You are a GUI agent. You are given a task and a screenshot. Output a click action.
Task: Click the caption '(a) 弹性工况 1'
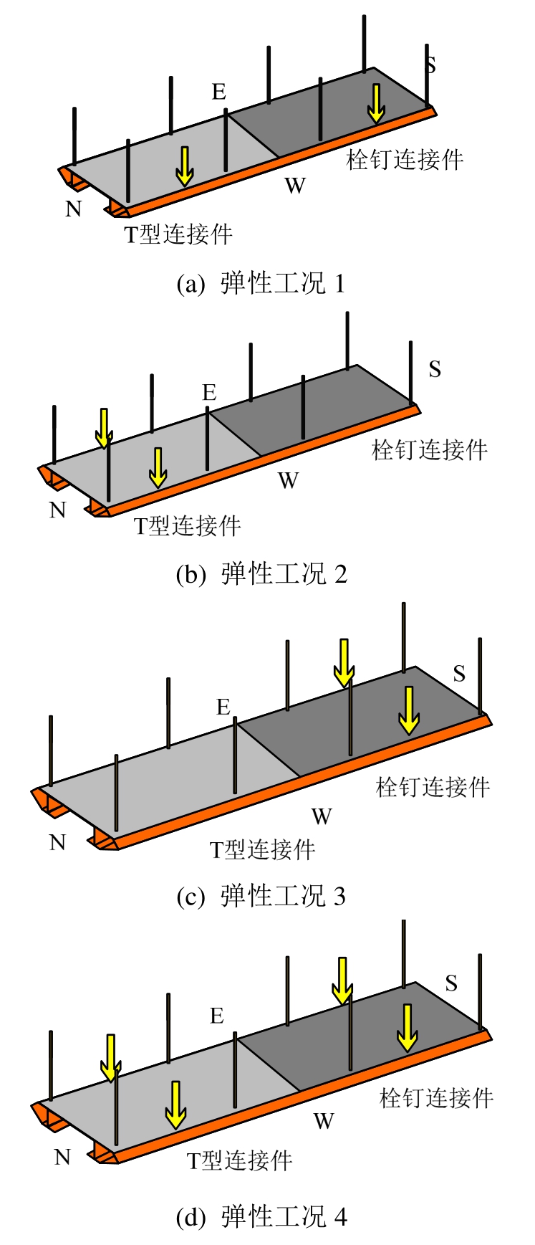pyautogui.click(x=261, y=284)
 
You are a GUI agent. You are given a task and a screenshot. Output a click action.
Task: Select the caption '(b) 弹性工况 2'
pyautogui.click(x=261, y=574)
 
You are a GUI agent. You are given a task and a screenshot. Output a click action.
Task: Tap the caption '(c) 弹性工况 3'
pyautogui.click(x=261, y=896)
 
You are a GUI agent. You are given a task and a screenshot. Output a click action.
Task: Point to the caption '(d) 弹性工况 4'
pyautogui.click(x=261, y=1216)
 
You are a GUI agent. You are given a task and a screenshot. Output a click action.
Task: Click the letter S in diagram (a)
pyautogui.click(x=430, y=65)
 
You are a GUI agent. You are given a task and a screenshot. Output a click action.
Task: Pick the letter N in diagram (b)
pyautogui.click(x=57, y=510)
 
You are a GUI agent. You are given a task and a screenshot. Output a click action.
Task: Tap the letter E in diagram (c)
pyautogui.click(x=223, y=707)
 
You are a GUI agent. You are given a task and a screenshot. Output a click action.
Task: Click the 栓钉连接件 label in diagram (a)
pyautogui.click(x=405, y=159)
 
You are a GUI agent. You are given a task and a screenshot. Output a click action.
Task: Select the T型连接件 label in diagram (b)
pyautogui.click(x=188, y=526)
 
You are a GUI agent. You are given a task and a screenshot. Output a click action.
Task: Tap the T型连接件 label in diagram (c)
pyautogui.click(x=262, y=850)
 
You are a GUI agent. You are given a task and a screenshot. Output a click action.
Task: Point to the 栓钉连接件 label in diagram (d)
pyautogui.click(x=436, y=1098)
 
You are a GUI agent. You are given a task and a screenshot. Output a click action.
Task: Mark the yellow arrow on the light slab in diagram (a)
pyautogui.click(x=185, y=166)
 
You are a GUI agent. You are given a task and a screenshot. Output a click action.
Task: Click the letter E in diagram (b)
pyautogui.click(x=209, y=393)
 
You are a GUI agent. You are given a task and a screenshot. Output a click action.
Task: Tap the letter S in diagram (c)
pyautogui.click(x=459, y=674)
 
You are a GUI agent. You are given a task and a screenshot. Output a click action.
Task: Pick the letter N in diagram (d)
pyautogui.click(x=62, y=1157)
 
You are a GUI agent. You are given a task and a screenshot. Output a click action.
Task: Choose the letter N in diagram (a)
pyautogui.click(x=73, y=209)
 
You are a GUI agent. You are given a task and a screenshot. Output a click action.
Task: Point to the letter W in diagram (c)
pyautogui.click(x=322, y=816)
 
